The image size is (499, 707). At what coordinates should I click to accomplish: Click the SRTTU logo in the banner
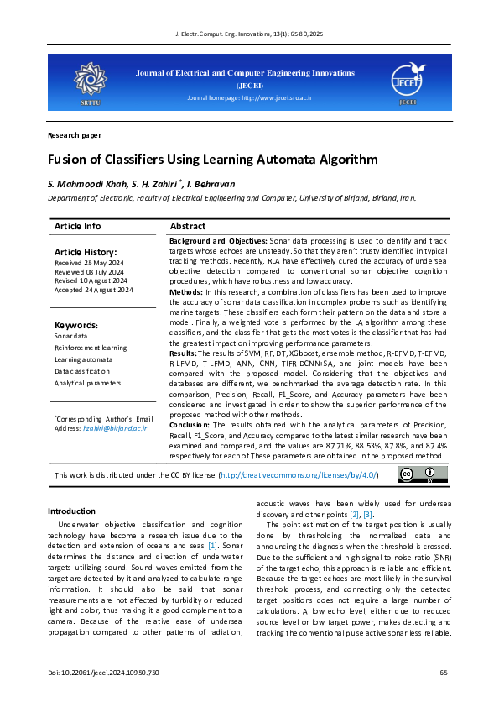(x=88, y=81)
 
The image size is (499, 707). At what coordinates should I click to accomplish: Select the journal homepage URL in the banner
(x=249, y=98)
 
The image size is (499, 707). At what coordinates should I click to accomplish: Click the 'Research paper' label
(x=75, y=134)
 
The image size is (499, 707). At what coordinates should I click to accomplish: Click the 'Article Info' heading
(x=77, y=227)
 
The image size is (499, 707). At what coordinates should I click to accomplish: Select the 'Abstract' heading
(x=187, y=227)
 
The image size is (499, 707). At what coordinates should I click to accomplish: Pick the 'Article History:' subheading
(x=86, y=252)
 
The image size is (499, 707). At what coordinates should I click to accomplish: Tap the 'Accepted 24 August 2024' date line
(x=94, y=290)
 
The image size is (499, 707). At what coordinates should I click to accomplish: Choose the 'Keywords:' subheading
(x=76, y=325)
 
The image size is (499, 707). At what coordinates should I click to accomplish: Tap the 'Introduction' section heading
(x=71, y=511)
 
